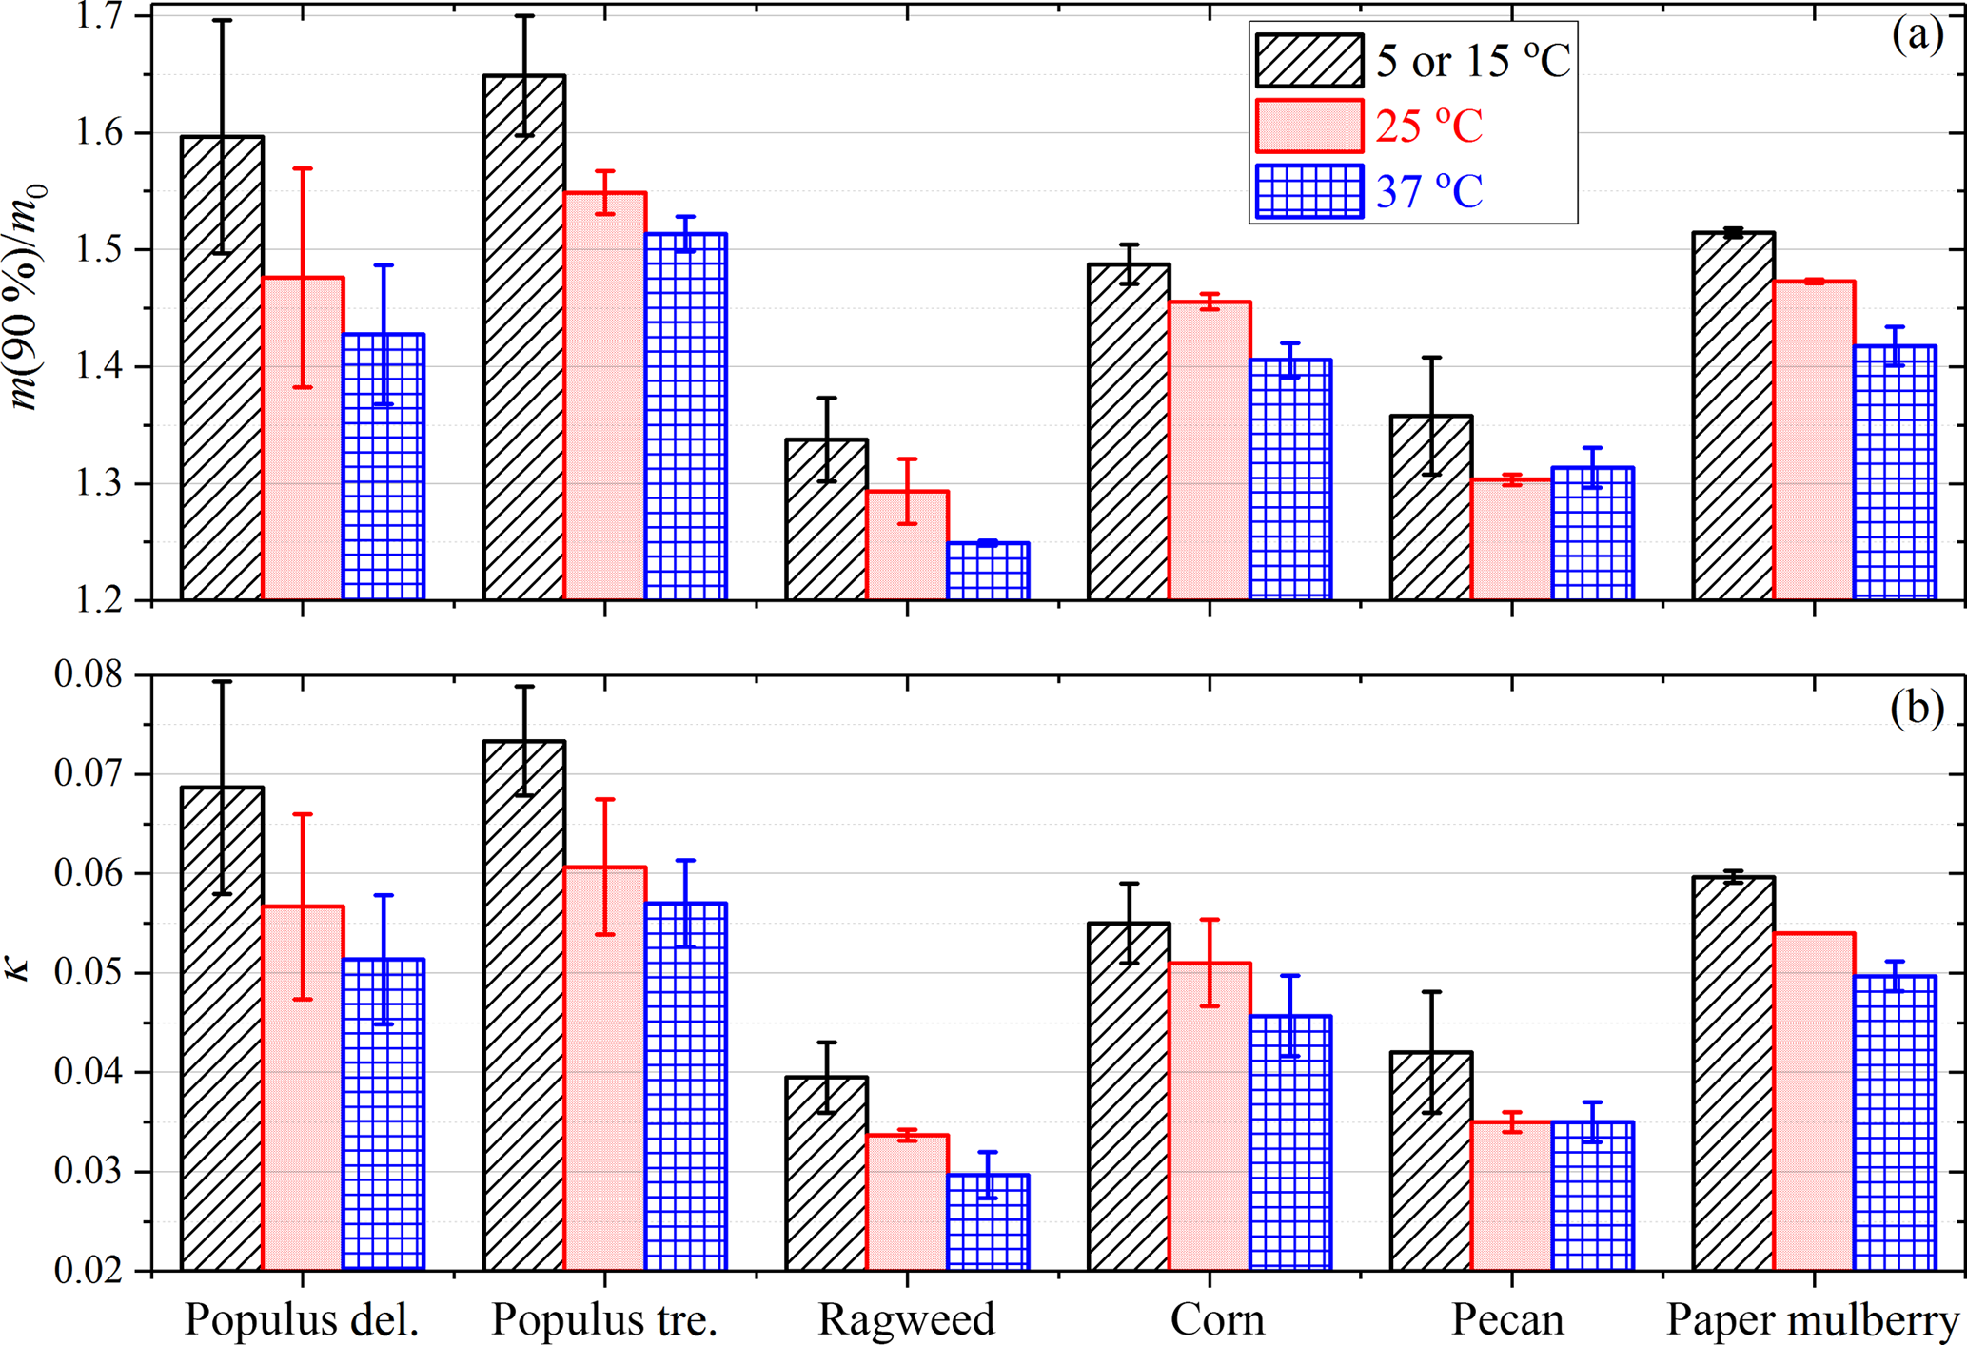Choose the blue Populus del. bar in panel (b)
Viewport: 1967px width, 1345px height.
click(x=384, y=1114)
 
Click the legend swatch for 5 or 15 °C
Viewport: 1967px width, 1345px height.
click(x=1308, y=61)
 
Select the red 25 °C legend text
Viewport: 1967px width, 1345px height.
click(x=1429, y=127)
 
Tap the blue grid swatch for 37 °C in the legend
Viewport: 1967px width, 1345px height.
click(x=1308, y=191)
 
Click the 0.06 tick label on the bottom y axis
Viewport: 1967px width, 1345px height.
click(x=89, y=874)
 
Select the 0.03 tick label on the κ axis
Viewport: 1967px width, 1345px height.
click(x=89, y=1172)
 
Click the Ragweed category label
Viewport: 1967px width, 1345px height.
click(x=906, y=1319)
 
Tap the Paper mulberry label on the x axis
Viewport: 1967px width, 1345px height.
click(x=1813, y=1319)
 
